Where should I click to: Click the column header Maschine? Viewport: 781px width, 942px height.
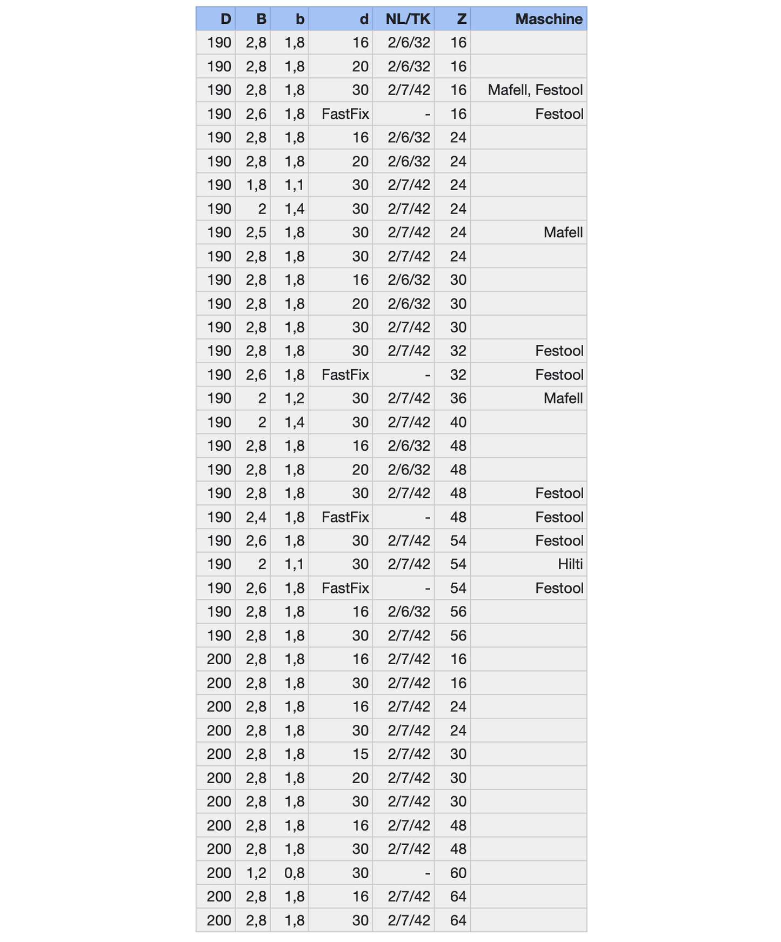click(548, 19)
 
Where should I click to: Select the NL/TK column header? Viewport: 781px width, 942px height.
click(408, 19)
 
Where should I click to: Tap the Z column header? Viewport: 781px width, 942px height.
click(460, 19)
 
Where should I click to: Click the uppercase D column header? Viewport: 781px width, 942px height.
click(225, 19)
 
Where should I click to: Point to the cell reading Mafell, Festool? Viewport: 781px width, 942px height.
click(535, 90)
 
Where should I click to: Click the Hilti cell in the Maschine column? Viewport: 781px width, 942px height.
click(570, 564)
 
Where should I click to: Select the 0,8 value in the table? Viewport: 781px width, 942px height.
click(295, 873)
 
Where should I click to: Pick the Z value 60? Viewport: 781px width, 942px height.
click(458, 873)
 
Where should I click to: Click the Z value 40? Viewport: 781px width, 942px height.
click(458, 422)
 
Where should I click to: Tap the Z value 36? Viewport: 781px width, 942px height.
click(458, 398)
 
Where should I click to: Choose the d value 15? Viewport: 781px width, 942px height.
click(360, 754)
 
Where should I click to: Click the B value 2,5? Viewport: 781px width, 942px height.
click(256, 232)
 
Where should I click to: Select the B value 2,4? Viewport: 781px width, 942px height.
click(256, 517)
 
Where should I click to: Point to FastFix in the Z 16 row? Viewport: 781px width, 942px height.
click(345, 114)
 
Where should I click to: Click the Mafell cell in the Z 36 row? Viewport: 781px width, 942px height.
click(563, 398)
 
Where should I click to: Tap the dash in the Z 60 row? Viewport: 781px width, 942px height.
click(427, 873)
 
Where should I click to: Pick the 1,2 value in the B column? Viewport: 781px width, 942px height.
click(256, 873)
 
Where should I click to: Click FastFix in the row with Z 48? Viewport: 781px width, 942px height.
click(345, 517)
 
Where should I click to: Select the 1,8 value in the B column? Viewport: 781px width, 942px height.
click(256, 185)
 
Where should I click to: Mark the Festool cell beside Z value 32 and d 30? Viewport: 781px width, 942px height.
click(559, 351)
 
